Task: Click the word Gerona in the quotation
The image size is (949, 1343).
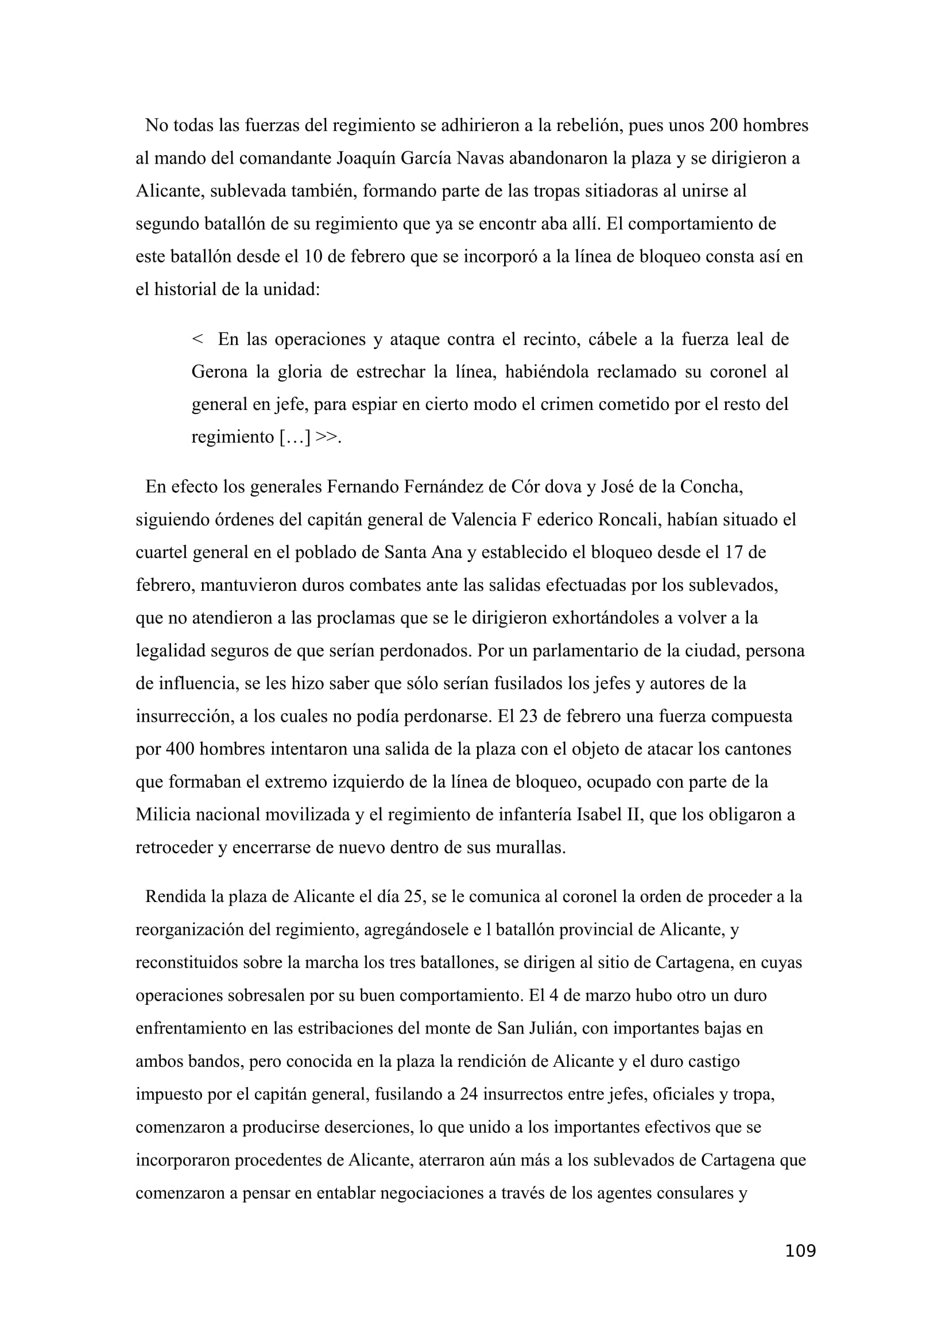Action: (219, 371)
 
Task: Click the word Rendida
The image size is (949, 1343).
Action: (177, 897)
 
